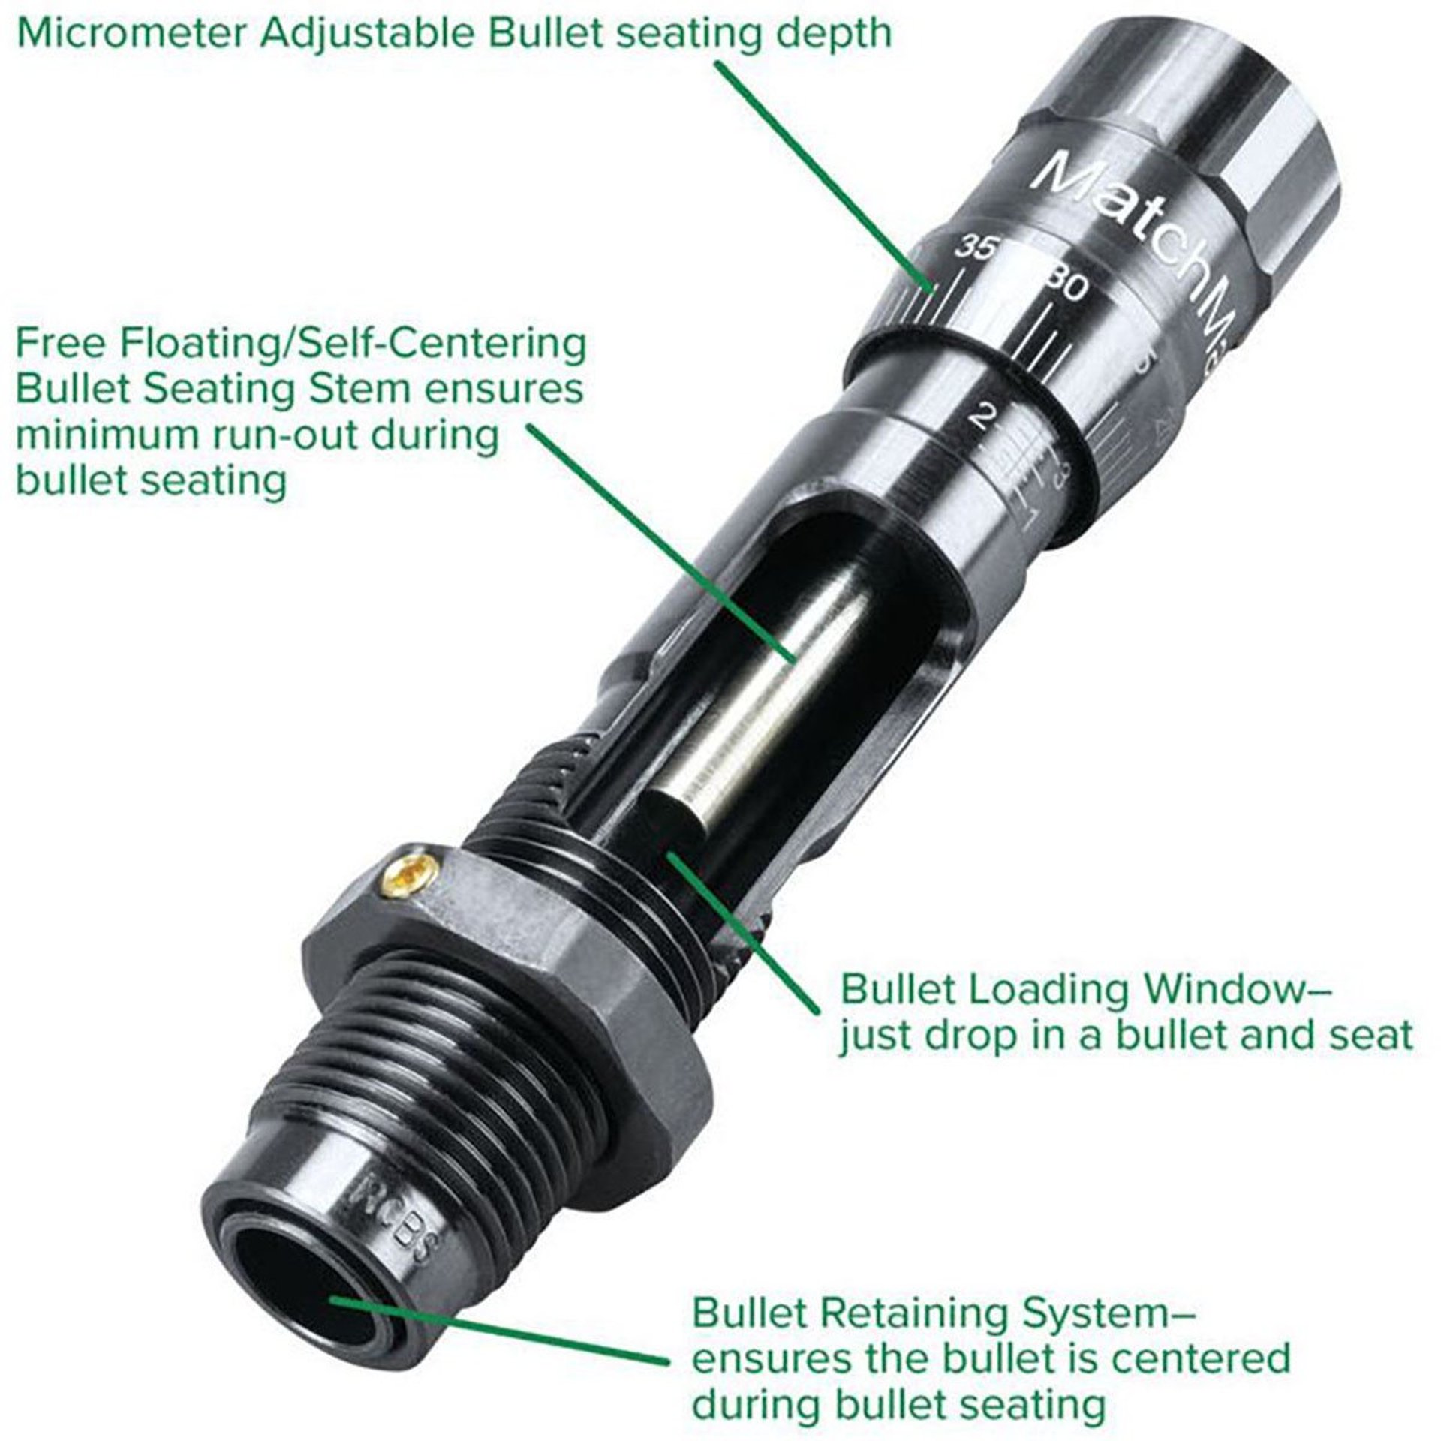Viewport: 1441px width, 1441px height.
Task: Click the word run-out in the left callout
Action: pos(271,435)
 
